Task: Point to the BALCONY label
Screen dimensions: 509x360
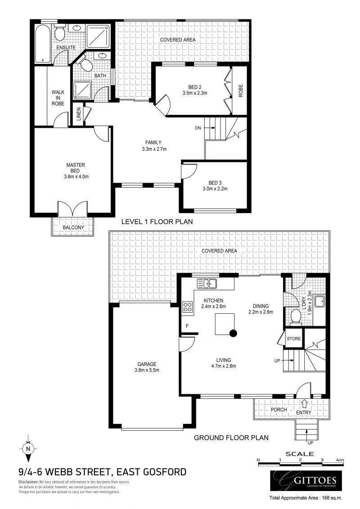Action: coord(73,228)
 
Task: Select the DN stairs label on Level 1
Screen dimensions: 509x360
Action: coord(198,128)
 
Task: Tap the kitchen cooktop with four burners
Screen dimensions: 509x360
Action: coord(187,308)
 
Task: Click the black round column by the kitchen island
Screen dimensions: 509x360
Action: coord(233,333)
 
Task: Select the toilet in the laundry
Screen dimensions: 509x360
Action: coord(296,315)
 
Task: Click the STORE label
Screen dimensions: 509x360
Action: coord(293,338)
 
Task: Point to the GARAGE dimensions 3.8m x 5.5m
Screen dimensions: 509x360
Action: coord(147,370)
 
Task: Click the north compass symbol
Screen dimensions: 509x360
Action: coord(28,448)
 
